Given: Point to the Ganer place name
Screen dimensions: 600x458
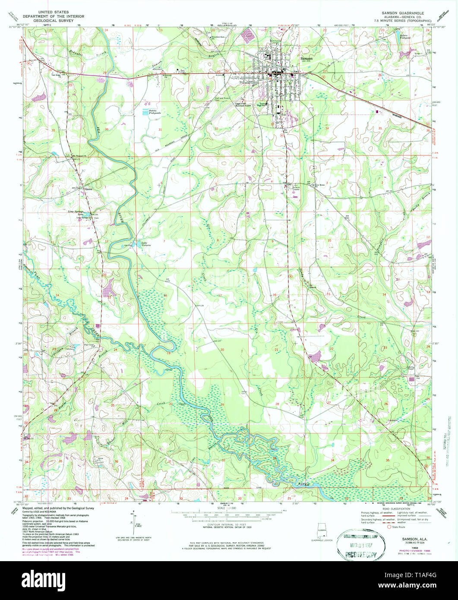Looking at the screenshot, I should pyautogui.click(x=89, y=189).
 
